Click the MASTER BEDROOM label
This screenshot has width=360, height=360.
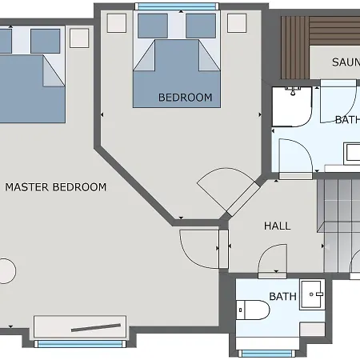pyautogui.click(x=55, y=187)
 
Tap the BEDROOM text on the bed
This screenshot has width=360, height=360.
pyautogui.click(x=186, y=98)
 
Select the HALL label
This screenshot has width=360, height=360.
pyautogui.click(x=277, y=226)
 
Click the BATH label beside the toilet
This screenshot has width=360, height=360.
pyautogui.click(x=282, y=297)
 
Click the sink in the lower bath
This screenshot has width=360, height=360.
pyautogui.click(x=311, y=293)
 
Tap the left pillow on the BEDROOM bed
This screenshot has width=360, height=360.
pyautogui.click(x=152, y=26)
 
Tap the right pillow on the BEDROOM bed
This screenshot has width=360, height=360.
pyautogui.click(x=201, y=26)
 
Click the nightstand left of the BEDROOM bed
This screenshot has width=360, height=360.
pyautogui.click(x=117, y=22)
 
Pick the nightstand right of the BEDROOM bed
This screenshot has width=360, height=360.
pyautogui.click(x=237, y=22)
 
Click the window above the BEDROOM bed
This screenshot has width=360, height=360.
pyautogui.click(x=176, y=6)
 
